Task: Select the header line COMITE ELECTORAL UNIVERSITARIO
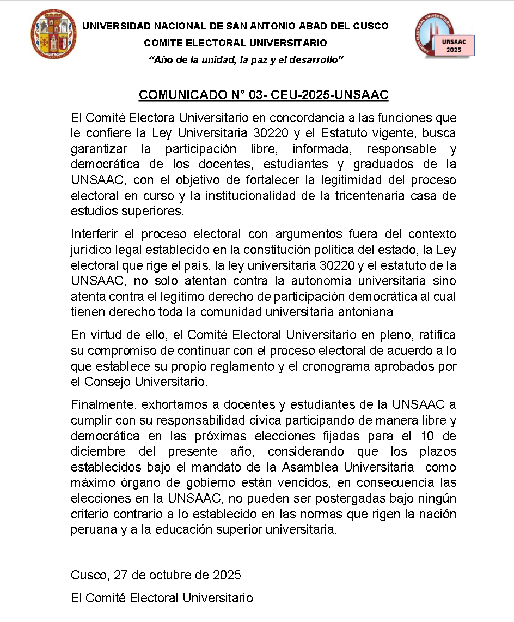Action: pyautogui.click(x=235, y=43)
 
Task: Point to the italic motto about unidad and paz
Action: pyautogui.click(x=246, y=59)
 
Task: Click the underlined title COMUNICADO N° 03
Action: pyautogui.click(x=264, y=95)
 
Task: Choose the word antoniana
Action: pyautogui.click(x=366, y=312)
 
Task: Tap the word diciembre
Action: pyautogui.click(x=97, y=452)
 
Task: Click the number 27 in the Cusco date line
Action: pyautogui.click(x=123, y=575)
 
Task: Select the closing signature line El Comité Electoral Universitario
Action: pyautogui.click(x=162, y=598)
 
